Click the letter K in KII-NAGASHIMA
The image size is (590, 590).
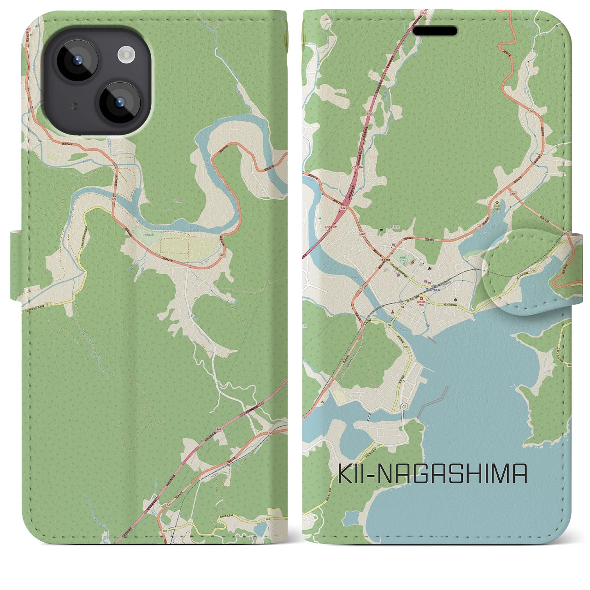[x=346, y=474]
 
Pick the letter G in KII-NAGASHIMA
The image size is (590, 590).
[x=424, y=474]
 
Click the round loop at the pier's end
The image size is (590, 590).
[x=404, y=406]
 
